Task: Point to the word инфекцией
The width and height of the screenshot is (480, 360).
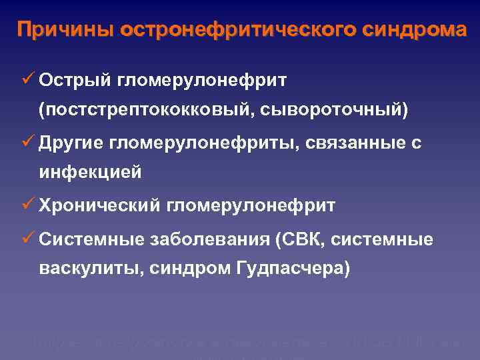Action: click(90, 173)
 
